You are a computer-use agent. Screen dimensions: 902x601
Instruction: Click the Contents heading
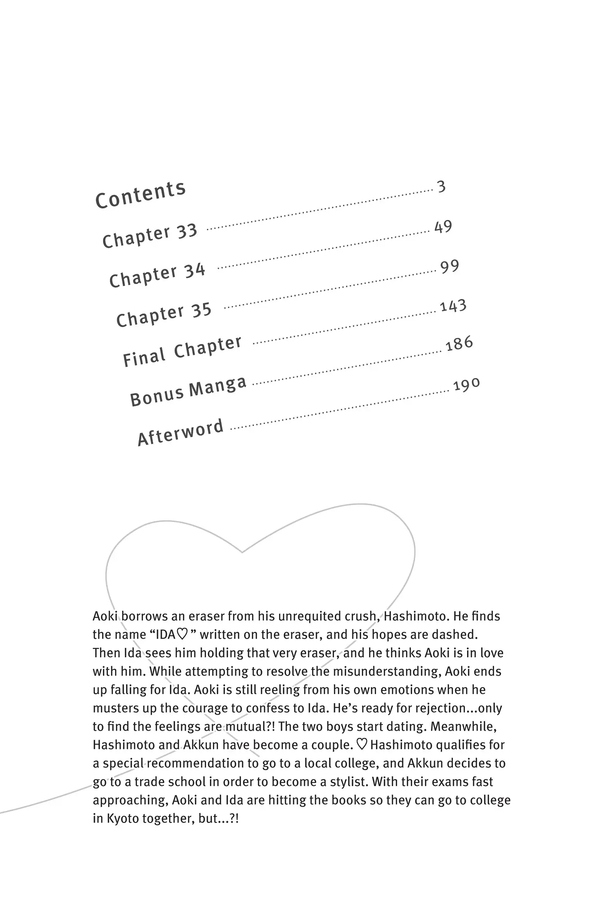140,195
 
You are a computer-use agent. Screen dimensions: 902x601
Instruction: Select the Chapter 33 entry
149,236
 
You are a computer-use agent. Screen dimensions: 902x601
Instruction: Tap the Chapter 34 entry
157,275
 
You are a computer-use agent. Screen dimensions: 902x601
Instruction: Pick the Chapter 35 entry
164,314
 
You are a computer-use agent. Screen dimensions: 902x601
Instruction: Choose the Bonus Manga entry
188,391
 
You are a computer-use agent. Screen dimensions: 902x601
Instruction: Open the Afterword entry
180,432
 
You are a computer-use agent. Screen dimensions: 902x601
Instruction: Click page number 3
441,187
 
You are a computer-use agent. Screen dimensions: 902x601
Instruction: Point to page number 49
443,226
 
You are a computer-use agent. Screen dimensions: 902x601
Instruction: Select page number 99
449,267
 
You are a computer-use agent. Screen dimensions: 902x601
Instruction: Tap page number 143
453,306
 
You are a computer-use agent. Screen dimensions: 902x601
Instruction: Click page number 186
459,344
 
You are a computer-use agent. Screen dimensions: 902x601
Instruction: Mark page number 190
466,385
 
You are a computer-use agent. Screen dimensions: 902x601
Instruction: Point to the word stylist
340,781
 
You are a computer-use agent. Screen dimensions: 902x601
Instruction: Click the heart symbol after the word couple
362,744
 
